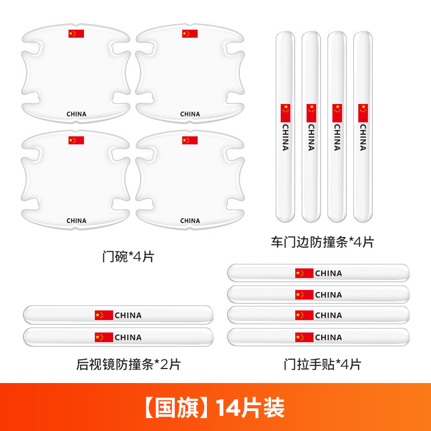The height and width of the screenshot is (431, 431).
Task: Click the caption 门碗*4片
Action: click(128, 257)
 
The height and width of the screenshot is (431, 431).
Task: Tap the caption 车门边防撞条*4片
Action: click(322, 242)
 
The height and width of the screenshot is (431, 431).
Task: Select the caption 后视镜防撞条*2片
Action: click(128, 365)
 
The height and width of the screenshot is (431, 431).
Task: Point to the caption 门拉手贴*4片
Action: click(322, 365)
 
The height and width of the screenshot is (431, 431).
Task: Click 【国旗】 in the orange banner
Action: click(176, 408)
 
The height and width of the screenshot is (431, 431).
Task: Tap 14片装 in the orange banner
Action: click(250, 408)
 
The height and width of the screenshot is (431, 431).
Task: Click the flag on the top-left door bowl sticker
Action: click(76, 33)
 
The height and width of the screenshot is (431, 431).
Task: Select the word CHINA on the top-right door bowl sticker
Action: click(190, 114)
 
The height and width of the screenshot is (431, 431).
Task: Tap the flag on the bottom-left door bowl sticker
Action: click(76, 140)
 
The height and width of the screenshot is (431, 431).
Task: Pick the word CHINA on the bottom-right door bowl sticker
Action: click(190, 221)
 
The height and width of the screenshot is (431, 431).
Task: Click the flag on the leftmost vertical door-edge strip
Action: click(286, 113)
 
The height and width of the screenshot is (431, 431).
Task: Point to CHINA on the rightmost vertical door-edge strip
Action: click(363, 137)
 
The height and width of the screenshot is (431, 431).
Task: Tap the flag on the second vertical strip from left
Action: click(311, 113)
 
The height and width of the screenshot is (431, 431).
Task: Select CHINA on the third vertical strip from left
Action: click(337, 137)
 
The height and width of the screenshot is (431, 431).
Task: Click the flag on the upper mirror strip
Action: click(104, 315)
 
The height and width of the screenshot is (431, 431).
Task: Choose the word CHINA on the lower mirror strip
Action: click(128, 337)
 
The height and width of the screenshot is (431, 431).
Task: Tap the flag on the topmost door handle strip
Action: click(304, 273)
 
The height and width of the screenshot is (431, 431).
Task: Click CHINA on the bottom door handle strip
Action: click(329, 337)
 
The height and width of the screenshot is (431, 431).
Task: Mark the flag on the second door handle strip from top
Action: click(304, 295)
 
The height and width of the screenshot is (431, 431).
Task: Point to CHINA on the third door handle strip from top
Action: click(329, 315)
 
